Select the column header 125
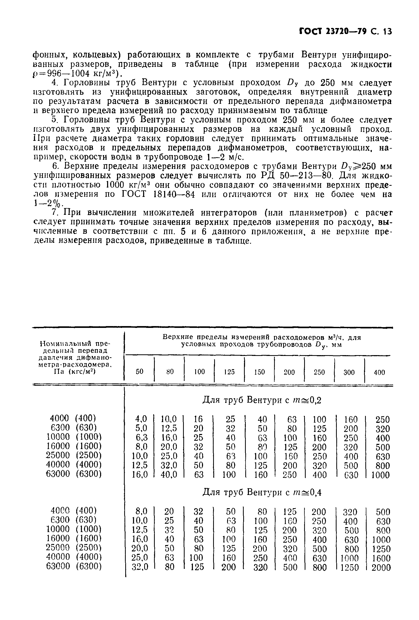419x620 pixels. pyautogui.click(x=229, y=372)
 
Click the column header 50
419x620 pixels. pyautogui.click(x=139, y=372)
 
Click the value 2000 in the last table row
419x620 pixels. pyautogui.click(x=381, y=567)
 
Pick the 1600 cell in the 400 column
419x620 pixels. pyautogui.click(x=381, y=558)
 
